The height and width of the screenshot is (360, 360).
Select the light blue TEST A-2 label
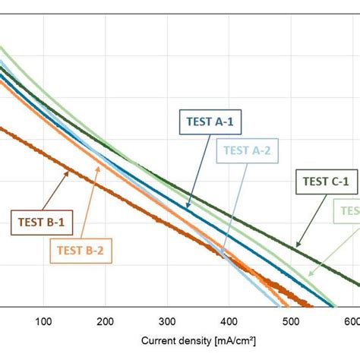point(248,150)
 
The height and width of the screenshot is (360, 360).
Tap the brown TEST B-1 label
point(37,223)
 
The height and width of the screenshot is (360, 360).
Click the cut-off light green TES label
point(349,210)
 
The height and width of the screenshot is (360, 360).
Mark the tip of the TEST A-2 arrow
point(222,256)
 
